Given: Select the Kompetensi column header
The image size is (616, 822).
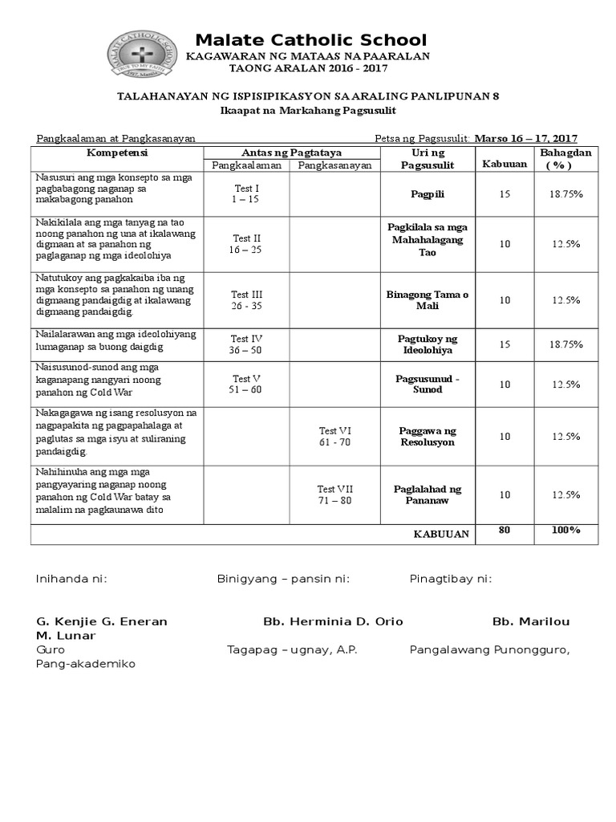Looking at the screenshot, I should [117, 153].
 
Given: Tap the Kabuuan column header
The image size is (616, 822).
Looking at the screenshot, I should [504, 165].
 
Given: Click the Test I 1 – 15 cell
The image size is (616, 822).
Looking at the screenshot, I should [245, 193].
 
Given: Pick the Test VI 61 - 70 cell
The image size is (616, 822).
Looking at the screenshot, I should [334, 436].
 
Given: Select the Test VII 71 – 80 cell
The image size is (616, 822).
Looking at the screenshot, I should [334, 494].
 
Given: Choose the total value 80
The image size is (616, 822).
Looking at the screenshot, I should [504, 531].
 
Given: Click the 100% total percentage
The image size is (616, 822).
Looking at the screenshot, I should [566, 531].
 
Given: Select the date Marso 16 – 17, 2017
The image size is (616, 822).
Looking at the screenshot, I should [526, 138].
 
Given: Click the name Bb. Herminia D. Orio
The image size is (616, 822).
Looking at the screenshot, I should [333, 621].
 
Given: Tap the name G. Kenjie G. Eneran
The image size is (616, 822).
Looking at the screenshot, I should [102, 621].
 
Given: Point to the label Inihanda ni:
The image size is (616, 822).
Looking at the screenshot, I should [71, 579].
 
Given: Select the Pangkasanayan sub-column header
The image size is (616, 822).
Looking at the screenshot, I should [334, 165].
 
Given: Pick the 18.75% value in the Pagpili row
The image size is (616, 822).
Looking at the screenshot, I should [566, 194].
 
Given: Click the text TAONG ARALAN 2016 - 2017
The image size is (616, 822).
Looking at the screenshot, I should [308, 69].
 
